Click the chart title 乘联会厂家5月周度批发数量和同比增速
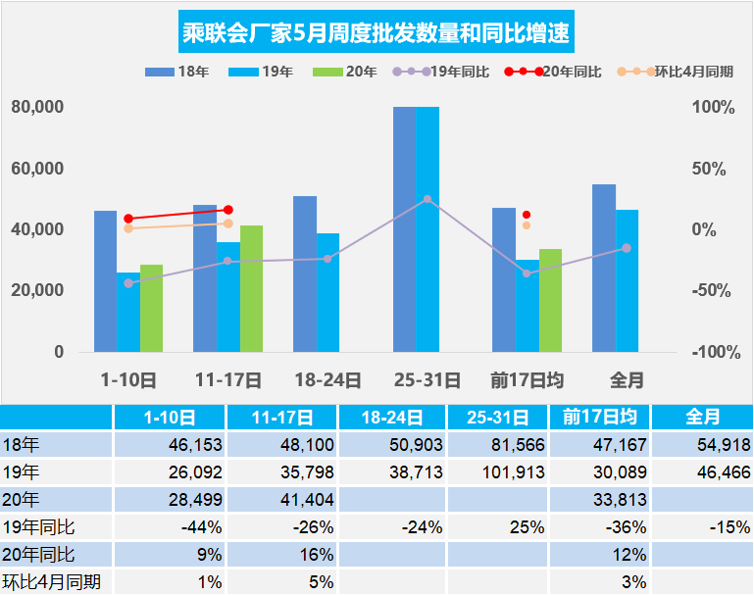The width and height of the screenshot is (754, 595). [377, 34]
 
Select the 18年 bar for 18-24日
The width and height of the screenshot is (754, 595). [305, 273]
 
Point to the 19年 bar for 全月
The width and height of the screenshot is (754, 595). [627, 280]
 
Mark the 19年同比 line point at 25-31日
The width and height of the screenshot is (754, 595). [427, 199]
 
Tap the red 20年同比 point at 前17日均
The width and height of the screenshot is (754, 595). [527, 215]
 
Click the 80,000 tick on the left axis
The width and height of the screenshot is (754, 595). [38, 107]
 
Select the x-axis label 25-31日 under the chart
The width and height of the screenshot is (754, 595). [427, 379]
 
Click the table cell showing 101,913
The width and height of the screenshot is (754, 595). [497, 471]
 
